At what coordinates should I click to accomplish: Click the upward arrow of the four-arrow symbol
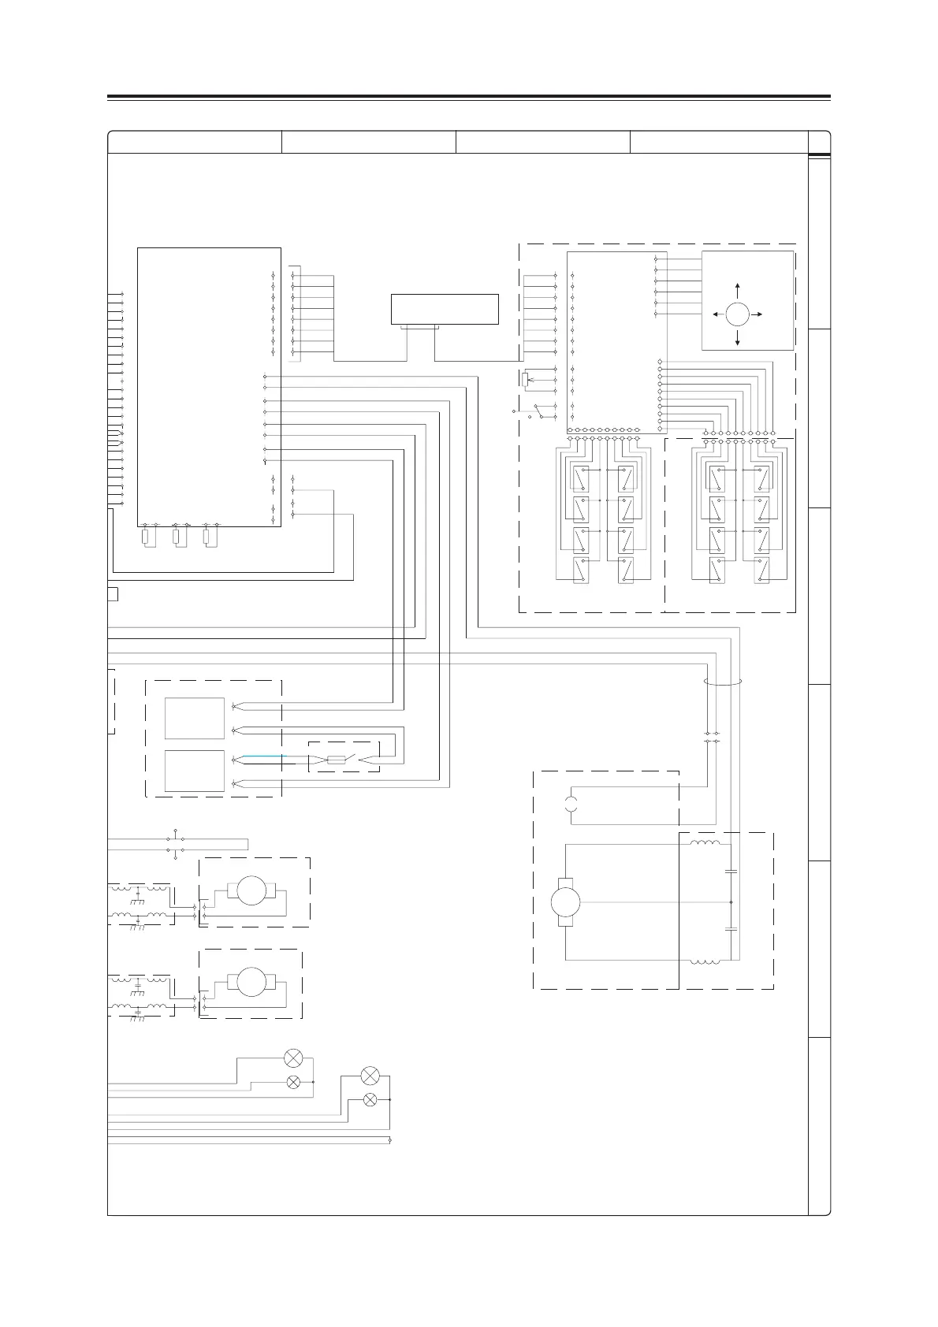737,288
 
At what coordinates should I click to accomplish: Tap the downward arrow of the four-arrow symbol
737,340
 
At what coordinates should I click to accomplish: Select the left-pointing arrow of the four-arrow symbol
717,314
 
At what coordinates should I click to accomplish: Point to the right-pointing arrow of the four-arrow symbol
757,314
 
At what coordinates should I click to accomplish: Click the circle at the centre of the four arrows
737,314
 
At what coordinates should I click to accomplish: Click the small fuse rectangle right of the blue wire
336,760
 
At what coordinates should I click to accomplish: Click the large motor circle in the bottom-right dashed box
566,901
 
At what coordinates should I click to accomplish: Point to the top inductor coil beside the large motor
705,844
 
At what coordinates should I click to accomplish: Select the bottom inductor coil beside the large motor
705,961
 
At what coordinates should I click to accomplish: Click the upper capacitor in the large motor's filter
731,872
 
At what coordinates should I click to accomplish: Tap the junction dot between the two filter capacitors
731,901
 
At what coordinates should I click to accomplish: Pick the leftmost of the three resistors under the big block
145,537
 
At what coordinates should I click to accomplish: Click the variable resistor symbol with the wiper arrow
526,380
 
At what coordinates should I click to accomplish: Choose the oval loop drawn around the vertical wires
722,683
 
